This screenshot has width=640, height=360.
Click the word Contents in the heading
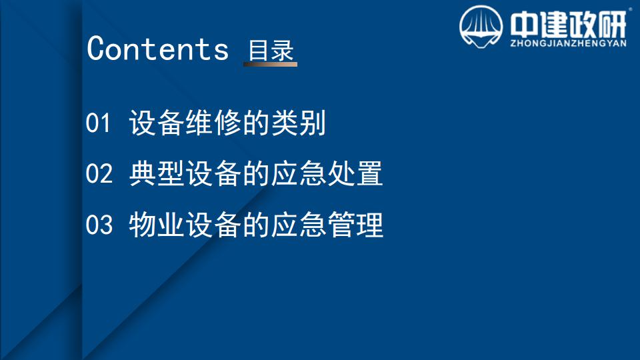[x=157, y=49]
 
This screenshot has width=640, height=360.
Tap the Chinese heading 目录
[x=271, y=51]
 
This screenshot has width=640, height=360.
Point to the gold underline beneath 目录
[x=270, y=64]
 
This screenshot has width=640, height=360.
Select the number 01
[x=98, y=123]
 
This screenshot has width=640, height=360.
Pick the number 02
[x=99, y=173]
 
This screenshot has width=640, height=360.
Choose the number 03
[x=99, y=225]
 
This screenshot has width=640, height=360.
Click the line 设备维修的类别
[x=227, y=123]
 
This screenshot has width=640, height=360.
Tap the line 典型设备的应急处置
[x=256, y=173]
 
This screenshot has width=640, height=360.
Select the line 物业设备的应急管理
[x=256, y=225]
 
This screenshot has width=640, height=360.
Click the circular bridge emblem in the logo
[x=481, y=27]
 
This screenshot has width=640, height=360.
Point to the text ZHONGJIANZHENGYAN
[x=568, y=43]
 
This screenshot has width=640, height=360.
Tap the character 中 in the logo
[x=523, y=25]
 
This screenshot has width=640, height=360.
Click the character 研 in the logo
[x=611, y=25]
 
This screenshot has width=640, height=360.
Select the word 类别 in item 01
[x=299, y=123]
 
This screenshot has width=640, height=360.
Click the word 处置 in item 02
[x=355, y=173]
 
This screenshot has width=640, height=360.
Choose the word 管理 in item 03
[x=355, y=225]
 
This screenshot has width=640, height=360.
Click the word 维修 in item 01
[x=213, y=123]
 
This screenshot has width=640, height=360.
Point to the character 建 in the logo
[x=552, y=25]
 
